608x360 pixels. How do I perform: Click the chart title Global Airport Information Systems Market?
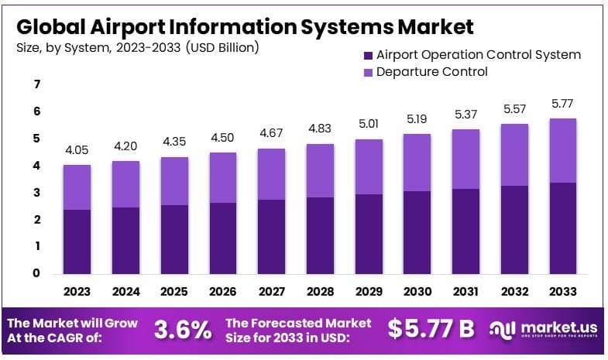(244, 26)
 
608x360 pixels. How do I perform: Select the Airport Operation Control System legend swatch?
(366, 55)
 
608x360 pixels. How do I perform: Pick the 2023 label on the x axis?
(77, 292)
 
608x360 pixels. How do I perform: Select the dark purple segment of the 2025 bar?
(174, 238)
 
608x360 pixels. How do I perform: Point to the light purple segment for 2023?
(77, 187)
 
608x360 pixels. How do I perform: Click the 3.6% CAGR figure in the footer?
(183, 330)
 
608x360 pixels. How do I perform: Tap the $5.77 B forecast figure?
(431, 329)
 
